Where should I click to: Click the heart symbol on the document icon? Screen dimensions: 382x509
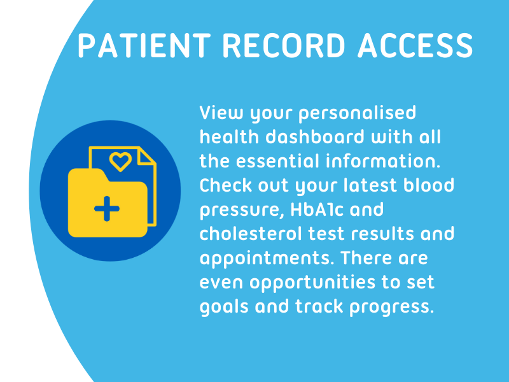[x=120, y=161]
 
